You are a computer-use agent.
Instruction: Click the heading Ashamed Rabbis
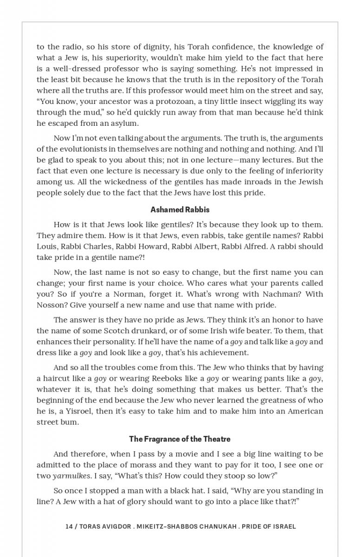coord(180,209)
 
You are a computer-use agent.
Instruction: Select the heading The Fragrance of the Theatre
coord(180,439)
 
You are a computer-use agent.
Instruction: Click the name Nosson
coord(51,305)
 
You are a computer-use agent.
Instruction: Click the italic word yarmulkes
coord(71,476)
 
